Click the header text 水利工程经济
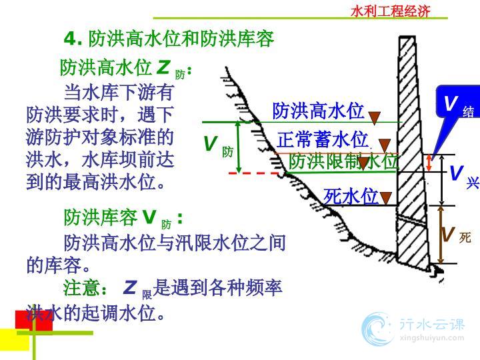point(390,11)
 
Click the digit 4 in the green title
point(70,39)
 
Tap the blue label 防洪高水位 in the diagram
point(318,111)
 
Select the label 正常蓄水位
point(323,139)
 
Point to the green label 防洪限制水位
point(343,161)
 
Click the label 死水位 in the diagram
point(351,196)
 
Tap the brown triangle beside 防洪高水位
point(374,118)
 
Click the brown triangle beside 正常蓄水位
point(385,145)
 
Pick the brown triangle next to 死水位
point(386,198)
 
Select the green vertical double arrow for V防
point(239,147)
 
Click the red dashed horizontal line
point(254,173)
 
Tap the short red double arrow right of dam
point(429,163)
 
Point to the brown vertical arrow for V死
point(441,234)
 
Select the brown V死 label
point(456,235)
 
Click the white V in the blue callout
point(451,103)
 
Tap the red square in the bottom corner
point(34,321)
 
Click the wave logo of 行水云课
point(377,329)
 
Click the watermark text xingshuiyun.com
point(432,338)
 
